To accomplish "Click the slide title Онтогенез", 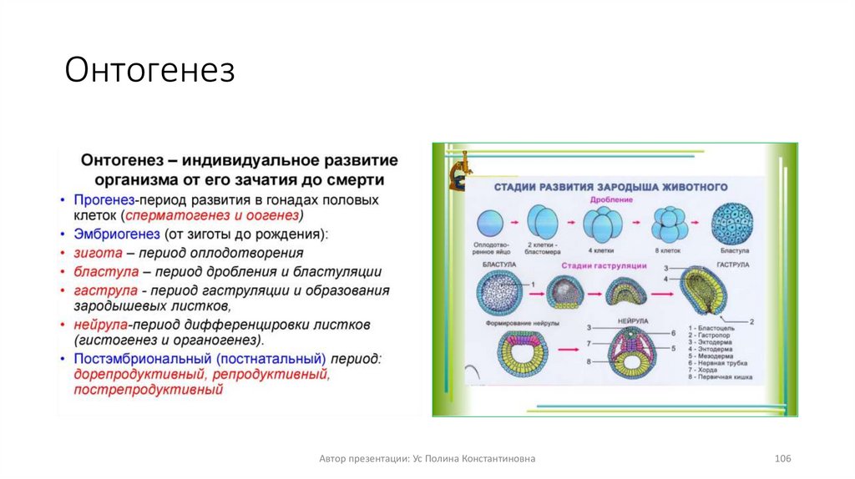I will [x=150, y=71].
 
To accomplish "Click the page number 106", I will [x=782, y=459].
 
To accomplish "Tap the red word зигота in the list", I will [x=94, y=252].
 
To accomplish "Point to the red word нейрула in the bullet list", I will [x=101, y=323].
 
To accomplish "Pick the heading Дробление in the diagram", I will [x=610, y=200].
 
